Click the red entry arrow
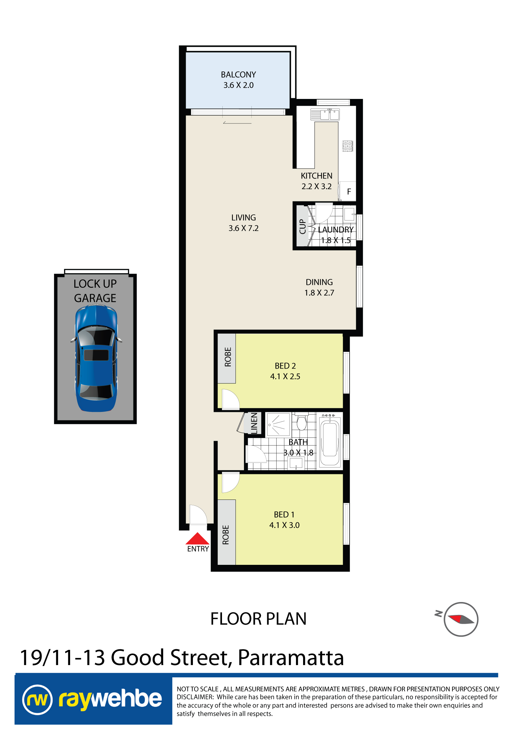coord(197,538)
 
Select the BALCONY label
coord(238,75)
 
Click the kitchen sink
coord(325,114)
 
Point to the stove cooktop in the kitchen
coord(348,146)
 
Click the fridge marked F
coord(348,191)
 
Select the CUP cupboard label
coord(302,226)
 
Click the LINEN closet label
coord(254,423)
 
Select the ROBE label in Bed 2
coord(228,357)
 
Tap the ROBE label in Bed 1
coord(226,535)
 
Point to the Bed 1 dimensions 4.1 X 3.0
coord(284,525)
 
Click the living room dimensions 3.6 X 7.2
coord(244,228)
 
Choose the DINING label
coord(319,282)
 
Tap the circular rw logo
coord(37,700)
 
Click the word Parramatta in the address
coord(291,658)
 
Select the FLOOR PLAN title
coord(258,619)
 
